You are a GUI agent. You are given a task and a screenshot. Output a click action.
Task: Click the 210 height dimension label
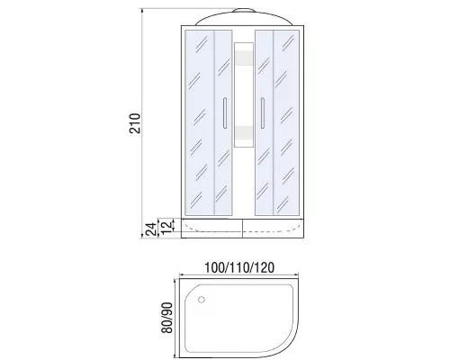(x=135, y=123)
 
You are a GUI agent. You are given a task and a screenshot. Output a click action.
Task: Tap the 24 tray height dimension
(x=151, y=229)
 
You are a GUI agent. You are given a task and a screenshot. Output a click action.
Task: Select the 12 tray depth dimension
(x=167, y=226)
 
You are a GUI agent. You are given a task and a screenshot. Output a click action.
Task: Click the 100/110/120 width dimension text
(x=239, y=268)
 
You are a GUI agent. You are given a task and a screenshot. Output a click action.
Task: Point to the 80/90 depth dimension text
(x=167, y=318)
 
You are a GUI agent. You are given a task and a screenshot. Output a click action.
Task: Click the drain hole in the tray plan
(x=202, y=300)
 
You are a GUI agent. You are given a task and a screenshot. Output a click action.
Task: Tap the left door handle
(x=225, y=113)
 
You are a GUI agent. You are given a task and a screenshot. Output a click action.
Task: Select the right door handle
(x=263, y=113)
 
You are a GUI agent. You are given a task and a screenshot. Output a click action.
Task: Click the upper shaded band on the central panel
(x=244, y=58)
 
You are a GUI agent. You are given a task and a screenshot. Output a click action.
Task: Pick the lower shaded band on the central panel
(x=244, y=133)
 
